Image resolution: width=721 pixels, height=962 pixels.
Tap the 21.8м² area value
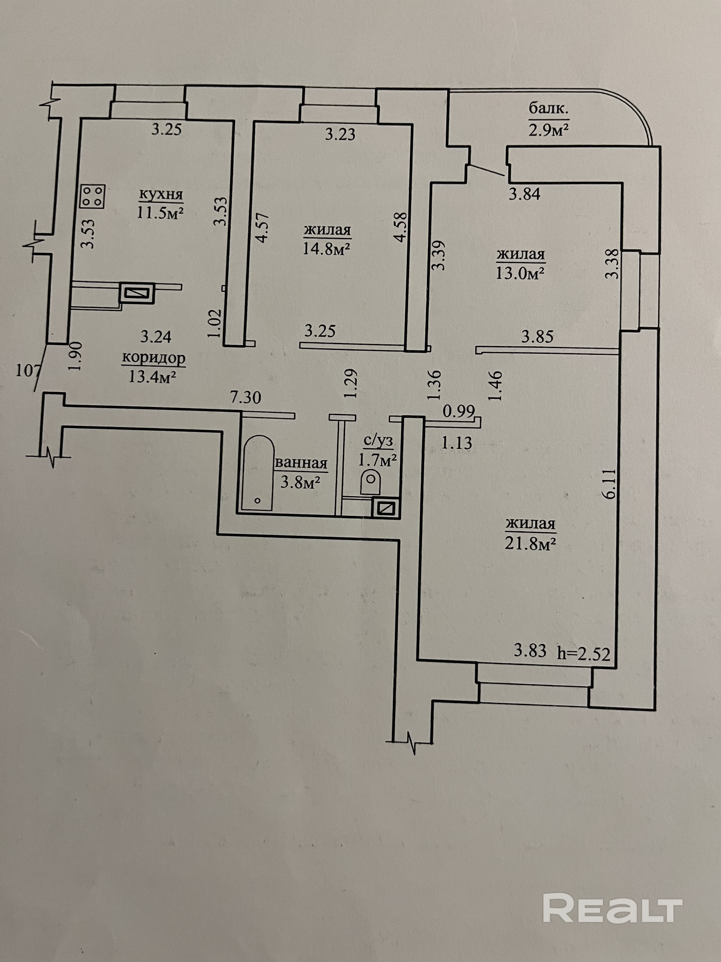click(x=531, y=543)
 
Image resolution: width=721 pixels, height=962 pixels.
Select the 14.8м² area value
click(x=327, y=249)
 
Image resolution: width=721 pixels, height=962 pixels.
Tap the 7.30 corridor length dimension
click(x=246, y=397)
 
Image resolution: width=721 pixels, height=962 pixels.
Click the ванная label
click(x=301, y=463)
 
